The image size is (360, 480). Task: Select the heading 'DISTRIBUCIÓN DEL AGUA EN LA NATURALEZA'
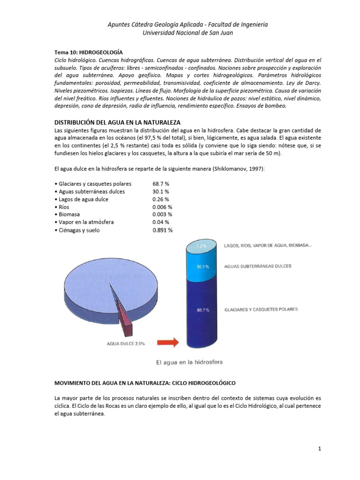coord(118,121)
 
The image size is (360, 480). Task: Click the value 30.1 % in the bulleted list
coord(160,192)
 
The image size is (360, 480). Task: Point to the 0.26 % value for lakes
coord(160,199)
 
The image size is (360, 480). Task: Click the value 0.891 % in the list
coord(162,230)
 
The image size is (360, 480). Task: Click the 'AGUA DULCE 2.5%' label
coord(126,343)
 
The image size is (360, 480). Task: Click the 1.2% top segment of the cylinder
coord(202,246)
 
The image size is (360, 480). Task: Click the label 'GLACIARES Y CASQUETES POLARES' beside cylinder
coord(261,309)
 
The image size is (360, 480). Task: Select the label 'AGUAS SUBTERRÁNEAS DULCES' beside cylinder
coord(258,266)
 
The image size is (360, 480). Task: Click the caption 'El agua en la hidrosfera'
coord(189,362)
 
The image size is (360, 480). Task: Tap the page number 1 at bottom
coord(319,449)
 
